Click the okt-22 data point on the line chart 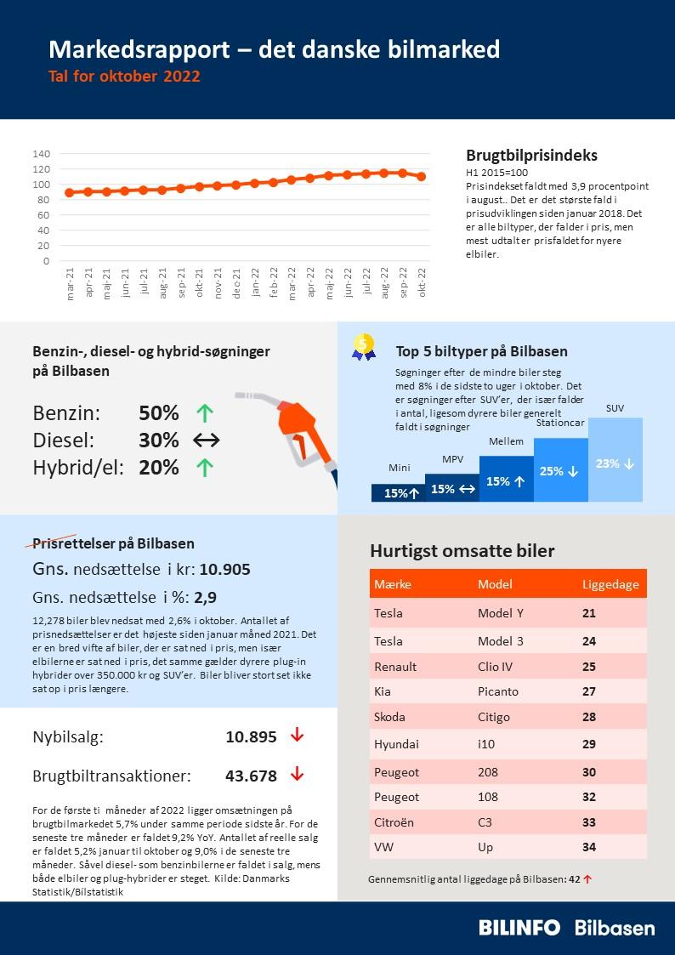point(422,176)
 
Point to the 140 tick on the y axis point(42,154)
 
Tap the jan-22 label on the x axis point(255,281)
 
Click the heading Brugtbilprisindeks point(531,156)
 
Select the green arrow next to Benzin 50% point(205,413)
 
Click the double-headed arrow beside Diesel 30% point(206,441)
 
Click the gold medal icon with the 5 point(364,345)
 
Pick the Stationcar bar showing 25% point(560,470)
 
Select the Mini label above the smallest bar point(399,468)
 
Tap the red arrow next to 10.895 point(297,736)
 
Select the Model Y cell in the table point(501,613)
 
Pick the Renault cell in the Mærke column point(395,667)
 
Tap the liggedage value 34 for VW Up point(589,847)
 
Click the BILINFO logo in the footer point(519,928)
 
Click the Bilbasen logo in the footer point(615,928)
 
